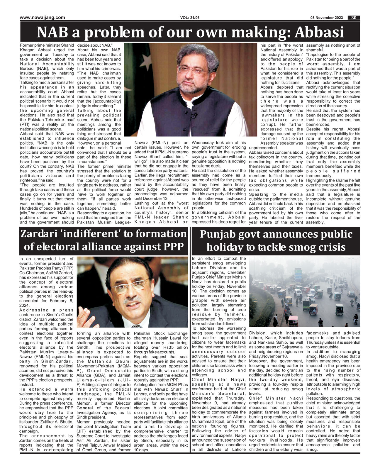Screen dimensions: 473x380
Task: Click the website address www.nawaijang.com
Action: tap(43, 18)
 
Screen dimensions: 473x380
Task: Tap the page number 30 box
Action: tap(354, 18)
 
